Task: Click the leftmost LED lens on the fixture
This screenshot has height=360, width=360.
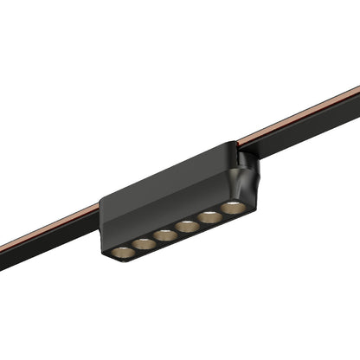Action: (123, 252)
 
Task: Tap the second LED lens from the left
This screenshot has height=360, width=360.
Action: (145, 243)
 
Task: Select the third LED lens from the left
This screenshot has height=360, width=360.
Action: (166, 235)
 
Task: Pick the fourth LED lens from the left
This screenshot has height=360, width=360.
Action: (188, 226)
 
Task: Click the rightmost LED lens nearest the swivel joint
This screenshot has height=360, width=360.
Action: (232, 208)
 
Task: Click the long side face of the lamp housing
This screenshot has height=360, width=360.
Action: (164, 195)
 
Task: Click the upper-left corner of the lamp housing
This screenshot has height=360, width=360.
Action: (103, 202)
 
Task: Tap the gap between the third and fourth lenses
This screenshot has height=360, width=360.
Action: (177, 230)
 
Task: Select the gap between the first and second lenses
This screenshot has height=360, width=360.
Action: (134, 247)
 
